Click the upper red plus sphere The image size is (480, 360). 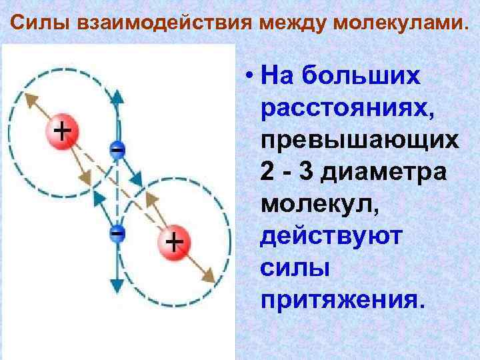(61, 130)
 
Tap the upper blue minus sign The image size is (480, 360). (117, 149)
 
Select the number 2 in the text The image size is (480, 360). (268, 172)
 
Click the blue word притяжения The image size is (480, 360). (342, 301)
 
